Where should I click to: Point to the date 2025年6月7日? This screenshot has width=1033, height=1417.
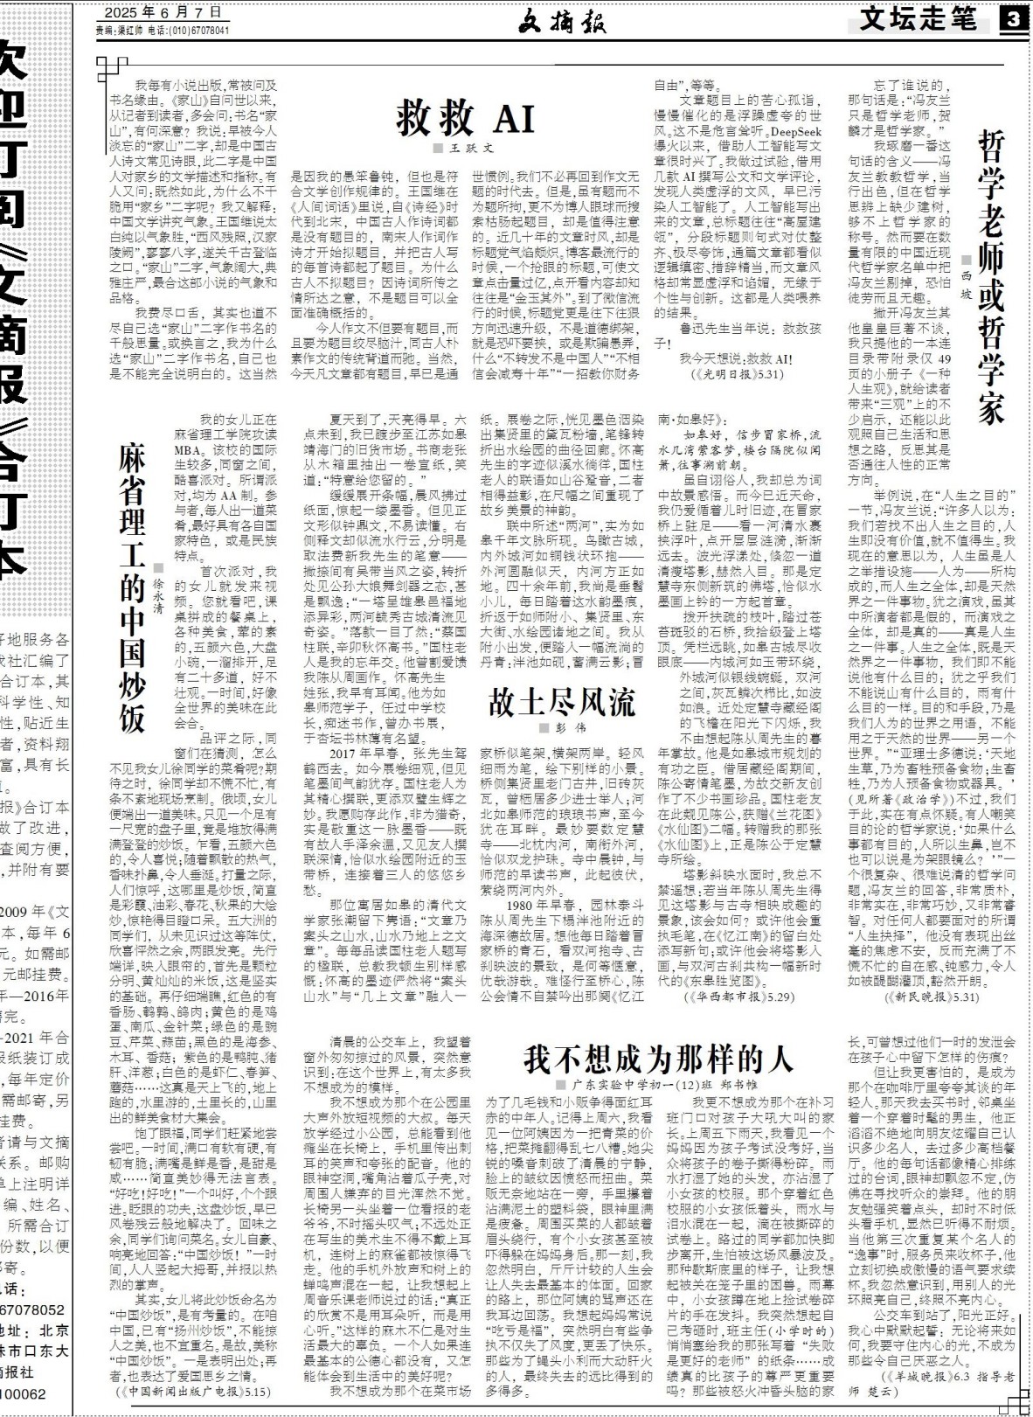coord(163,13)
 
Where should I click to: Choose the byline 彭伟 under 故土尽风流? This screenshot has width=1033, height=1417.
coord(568,727)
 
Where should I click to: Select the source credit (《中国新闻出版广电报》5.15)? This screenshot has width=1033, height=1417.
coord(194,1390)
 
